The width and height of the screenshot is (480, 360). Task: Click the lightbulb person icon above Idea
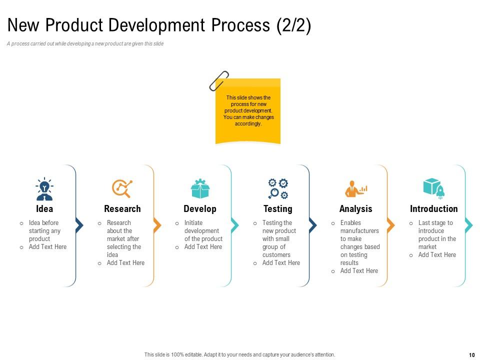(x=44, y=189)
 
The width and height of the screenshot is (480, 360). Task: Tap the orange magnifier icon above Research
(x=122, y=188)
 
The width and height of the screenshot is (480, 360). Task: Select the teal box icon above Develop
(x=200, y=188)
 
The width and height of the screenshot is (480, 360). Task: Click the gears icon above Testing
(x=278, y=188)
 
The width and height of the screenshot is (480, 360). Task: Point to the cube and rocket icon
(x=433, y=188)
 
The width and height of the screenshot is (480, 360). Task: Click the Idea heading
(x=44, y=209)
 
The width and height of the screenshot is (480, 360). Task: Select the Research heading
(x=122, y=209)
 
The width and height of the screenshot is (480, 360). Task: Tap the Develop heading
(x=200, y=209)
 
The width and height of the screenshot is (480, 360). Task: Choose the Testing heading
(x=278, y=209)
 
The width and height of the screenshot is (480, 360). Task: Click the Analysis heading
(x=356, y=209)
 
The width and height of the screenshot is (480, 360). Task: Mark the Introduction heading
(x=433, y=209)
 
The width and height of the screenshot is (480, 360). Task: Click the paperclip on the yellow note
(x=218, y=80)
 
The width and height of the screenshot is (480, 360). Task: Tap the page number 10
(x=471, y=355)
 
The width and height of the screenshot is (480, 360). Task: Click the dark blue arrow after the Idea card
(x=79, y=225)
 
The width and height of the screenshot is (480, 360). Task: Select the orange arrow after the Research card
(x=157, y=225)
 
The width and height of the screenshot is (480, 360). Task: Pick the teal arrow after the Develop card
(x=235, y=225)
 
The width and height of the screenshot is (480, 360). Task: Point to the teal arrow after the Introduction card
(x=468, y=225)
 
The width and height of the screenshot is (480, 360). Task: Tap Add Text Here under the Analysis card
(x=359, y=271)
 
